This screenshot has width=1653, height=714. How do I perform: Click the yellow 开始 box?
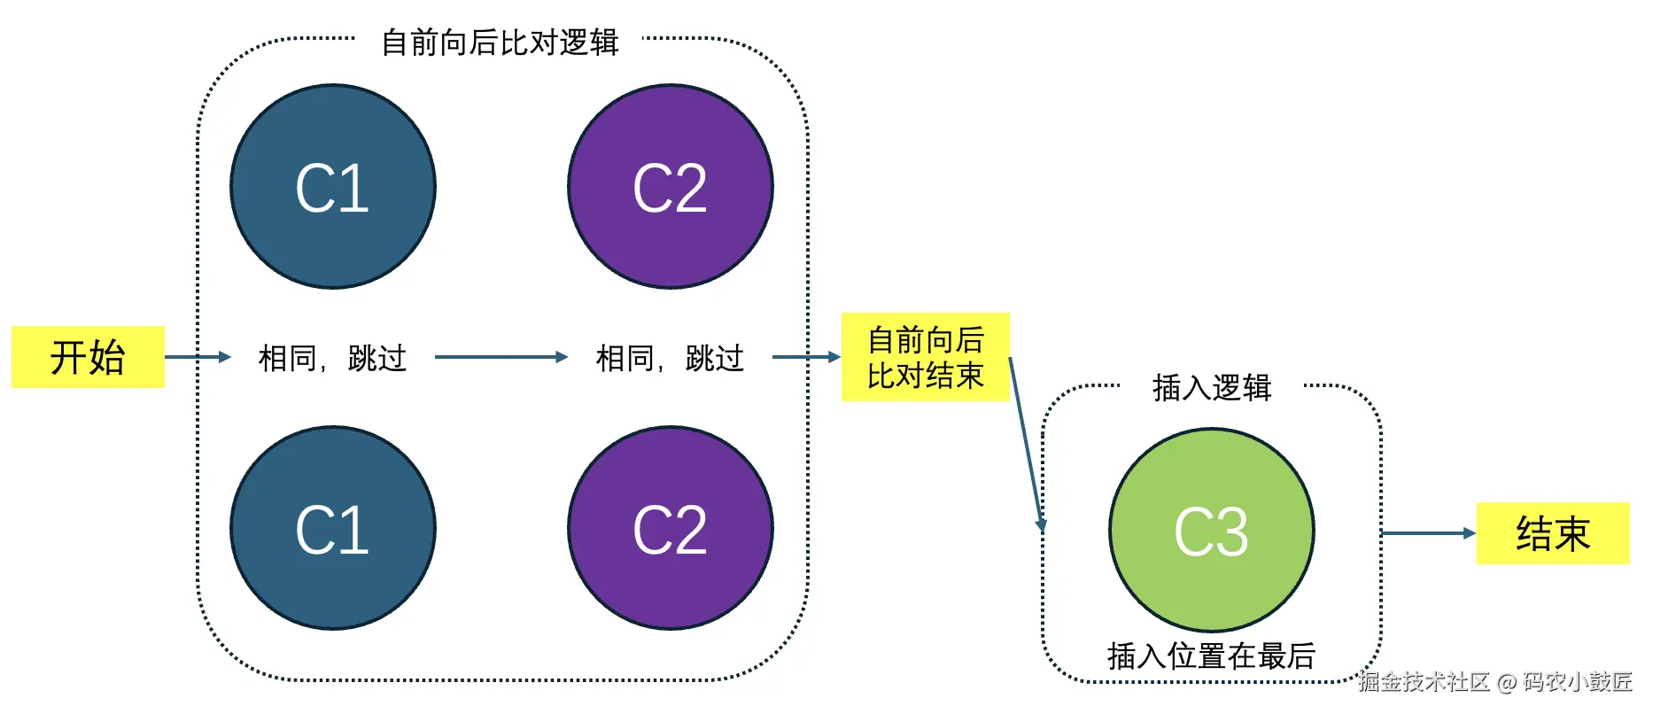(88, 357)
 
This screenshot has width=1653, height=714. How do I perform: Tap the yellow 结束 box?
(1552, 533)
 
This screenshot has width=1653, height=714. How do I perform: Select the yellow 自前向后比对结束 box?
(925, 357)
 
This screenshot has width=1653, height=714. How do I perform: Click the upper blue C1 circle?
(333, 187)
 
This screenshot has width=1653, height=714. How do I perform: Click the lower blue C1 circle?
(333, 529)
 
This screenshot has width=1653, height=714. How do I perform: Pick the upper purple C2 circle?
(671, 187)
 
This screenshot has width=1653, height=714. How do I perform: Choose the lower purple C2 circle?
(671, 529)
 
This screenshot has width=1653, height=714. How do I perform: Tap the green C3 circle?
(1211, 531)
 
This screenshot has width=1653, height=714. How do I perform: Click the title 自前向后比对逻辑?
(500, 42)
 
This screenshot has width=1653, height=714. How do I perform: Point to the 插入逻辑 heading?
(1212, 387)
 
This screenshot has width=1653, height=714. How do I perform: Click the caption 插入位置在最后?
(1211, 656)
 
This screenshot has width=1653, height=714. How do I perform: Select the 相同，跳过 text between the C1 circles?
(333, 358)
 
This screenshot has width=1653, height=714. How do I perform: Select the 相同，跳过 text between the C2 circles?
(671, 358)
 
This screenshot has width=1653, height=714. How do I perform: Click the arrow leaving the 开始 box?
(197, 357)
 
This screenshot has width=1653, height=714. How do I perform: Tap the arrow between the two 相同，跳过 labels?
(501, 357)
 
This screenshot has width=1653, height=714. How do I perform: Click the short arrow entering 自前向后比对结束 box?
(806, 357)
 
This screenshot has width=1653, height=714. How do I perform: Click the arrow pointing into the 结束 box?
(1428, 533)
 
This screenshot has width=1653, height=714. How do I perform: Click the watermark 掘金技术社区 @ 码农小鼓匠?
(1495, 681)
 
